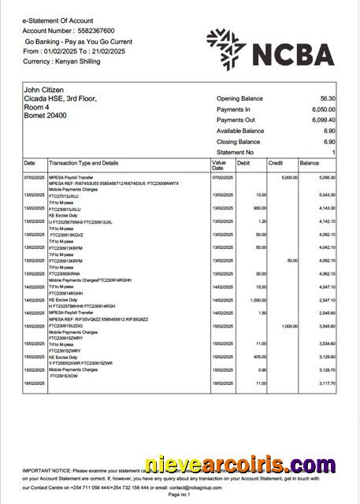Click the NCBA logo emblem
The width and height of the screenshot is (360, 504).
(227, 46)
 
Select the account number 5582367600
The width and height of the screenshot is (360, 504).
(99, 30)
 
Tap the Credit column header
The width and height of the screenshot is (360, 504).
(276, 163)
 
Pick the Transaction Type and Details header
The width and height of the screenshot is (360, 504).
(84, 163)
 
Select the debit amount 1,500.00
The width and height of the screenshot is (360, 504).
(256, 300)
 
